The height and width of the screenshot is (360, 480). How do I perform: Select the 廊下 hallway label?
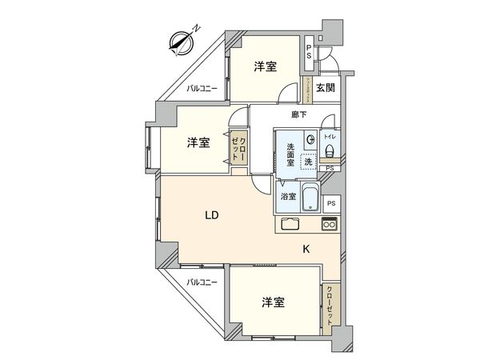point(299,115)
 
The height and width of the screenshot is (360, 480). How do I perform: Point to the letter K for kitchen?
point(306,249)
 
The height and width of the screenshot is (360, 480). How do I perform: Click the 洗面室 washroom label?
point(291,151)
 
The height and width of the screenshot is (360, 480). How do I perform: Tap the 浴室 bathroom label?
point(287,196)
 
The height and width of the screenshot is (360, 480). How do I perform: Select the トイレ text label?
point(330,137)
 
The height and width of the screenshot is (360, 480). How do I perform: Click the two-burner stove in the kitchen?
point(330,225)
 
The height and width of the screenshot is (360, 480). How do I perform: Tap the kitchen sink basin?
point(290,225)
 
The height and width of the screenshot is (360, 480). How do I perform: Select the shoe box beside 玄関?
point(307,89)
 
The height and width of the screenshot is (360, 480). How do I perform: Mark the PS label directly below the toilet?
point(330,169)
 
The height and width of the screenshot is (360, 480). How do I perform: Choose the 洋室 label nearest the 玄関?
point(266,67)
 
